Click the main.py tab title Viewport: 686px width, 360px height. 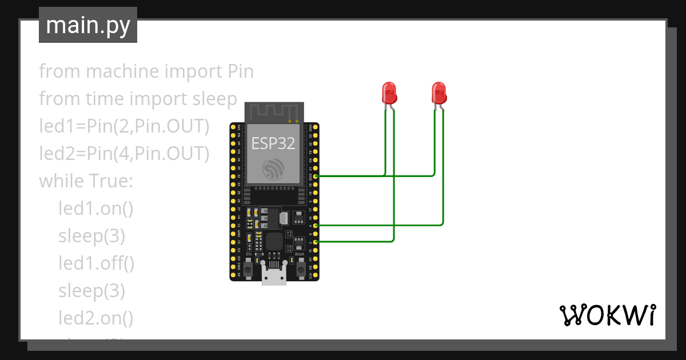[x=87, y=26]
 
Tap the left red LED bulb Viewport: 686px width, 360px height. [x=389, y=93]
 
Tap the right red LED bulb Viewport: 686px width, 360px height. [x=438, y=93]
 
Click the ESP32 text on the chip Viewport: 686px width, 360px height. [x=273, y=143]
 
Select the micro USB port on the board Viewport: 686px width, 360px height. [x=274, y=276]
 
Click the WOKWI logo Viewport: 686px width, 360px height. [x=607, y=315]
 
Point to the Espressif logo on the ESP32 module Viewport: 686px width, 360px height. [x=274, y=169]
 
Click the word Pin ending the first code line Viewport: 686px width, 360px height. [x=237, y=72]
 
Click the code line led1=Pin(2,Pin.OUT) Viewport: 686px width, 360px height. [x=124, y=126]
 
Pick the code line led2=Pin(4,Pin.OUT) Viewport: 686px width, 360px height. [x=124, y=154]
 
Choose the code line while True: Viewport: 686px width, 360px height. [x=86, y=181]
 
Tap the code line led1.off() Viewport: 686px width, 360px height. [x=96, y=263]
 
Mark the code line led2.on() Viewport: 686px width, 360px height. [x=95, y=318]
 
